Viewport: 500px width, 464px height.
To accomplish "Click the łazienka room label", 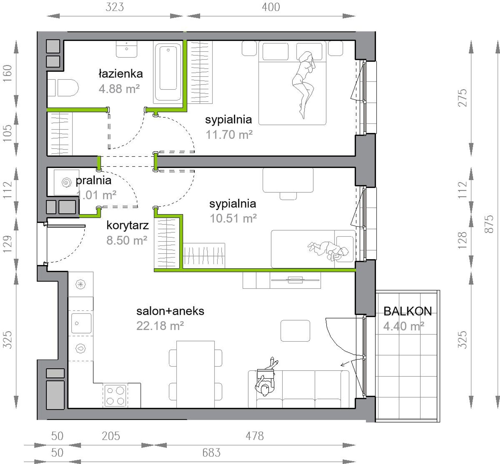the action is pyautogui.click(x=121, y=74).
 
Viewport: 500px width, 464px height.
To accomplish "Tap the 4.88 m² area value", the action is pyautogui.click(x=119, y=89).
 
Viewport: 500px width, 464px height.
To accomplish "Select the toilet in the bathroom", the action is pyautogui.click(x=63, y=88).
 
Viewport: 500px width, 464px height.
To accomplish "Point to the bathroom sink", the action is pyautogui.click(x=127, y=49).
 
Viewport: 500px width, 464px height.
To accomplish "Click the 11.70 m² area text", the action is pyautogui.click(x=229, y=135).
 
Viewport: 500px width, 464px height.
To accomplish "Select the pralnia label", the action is pyautogui.click(x=93, y=181).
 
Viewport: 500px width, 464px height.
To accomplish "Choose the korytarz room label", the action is pyautogui.click(x=128, y=226).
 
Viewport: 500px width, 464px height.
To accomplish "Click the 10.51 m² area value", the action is pyautogui.click(x=233, y=218).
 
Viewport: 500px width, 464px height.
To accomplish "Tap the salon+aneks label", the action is pyautogui.click(x=170, y=311).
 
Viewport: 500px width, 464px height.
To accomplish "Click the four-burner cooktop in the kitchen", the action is pyautogui.click(x=116, y=395).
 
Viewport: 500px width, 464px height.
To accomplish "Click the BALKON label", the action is pyautogui.click(x=408, y=311).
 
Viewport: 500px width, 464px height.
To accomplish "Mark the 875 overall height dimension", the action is pyautogui.click(x=489, y=224).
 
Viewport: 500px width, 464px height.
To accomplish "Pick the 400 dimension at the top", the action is pyautogui.click(x=271, y=7).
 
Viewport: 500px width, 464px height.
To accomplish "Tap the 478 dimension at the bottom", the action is pyautogui.click(x=254, y=436).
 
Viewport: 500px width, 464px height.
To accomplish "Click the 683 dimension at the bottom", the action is pyautogui.click(x=211, y=453).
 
